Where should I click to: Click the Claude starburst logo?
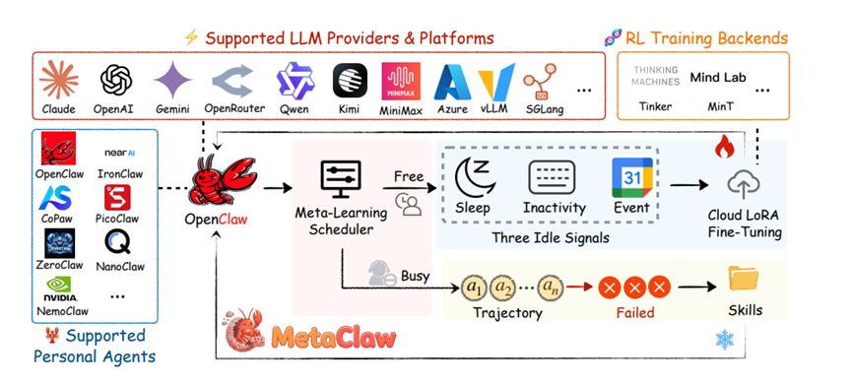[x=59, y=80]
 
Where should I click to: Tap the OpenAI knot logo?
[x=116, y=80]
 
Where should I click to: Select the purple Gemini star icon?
[x=172, y=80]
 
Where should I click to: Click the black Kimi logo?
[x=349, y=81]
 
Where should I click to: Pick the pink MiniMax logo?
[x=401, y=81]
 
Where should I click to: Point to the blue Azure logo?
[x=453, y=82]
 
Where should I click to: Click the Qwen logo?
[x=295, y=80]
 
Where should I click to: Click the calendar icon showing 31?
[x=631, y=177]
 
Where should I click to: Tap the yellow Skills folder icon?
[x=744, y=279]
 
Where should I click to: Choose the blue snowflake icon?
[x=725, y=340]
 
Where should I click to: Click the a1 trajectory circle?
[x=475, y=288]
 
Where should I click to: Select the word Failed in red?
[x=634, y=312]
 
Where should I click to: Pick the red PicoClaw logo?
[x=118, y=197]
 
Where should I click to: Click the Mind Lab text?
[x=718, y=78]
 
